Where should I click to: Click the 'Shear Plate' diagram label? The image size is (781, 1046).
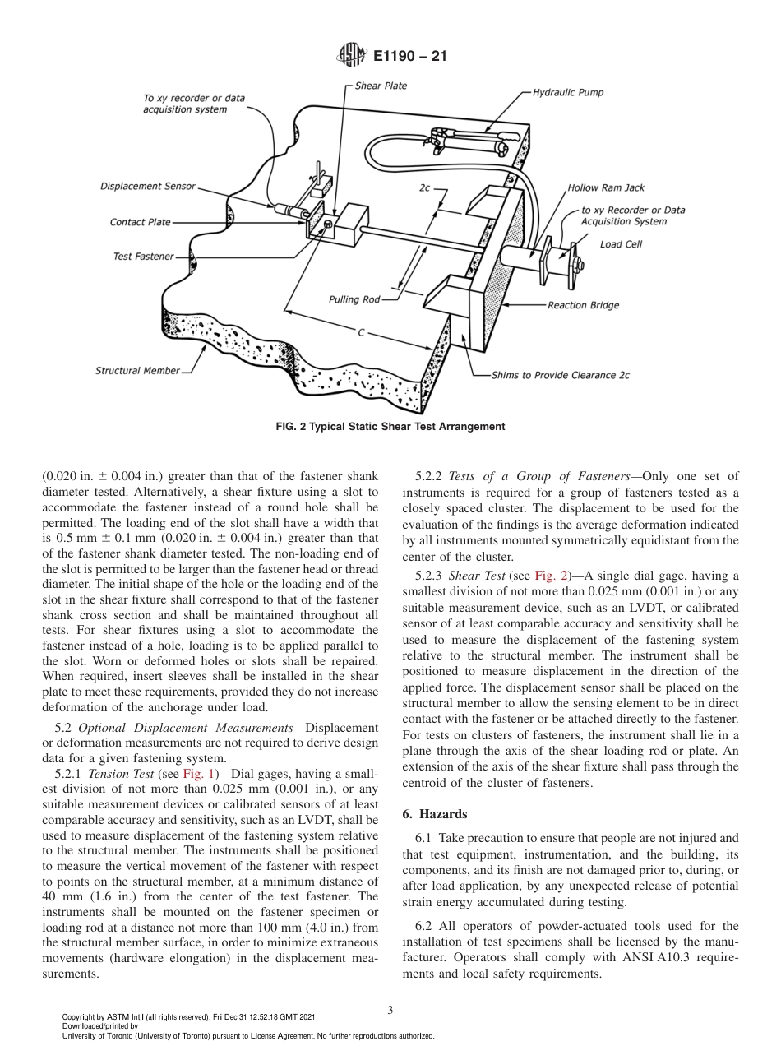pyautogui.click(x=381, y=86)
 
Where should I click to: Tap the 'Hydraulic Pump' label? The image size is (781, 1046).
pyautogui.click(x=567, y=92)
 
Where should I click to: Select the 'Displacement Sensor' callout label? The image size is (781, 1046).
pyautogui.click(x=148, y=186)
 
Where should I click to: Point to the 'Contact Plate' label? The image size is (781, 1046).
pyautogui.click(x=141, y=222)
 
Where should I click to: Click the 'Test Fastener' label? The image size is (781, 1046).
pyautogui.click(x=143, y=257)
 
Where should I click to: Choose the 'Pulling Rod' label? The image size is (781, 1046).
pyautogui.click(x=354, y=299)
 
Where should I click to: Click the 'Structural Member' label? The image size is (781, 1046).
pyautogui.click(x=137, y=370)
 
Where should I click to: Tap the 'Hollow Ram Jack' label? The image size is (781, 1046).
pyautogui.click(x=606, y=188)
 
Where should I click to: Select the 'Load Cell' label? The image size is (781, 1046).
pyautogui.click(x=621, y=244)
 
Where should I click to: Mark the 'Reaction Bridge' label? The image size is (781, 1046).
pyautogui.click(x=583, y=305)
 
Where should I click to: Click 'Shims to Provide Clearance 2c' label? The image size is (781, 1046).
pyautogui.click(x=560, y=375)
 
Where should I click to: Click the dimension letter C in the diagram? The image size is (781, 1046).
pyautogui.click(x=361, y=333)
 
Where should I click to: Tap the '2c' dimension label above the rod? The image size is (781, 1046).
pyautogui.click(x=424, y=187)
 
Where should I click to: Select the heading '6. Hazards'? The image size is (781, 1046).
pyautogui.click(x=435, y=813)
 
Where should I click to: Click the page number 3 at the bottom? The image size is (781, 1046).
pyautogui.click(x=390, y=1010)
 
